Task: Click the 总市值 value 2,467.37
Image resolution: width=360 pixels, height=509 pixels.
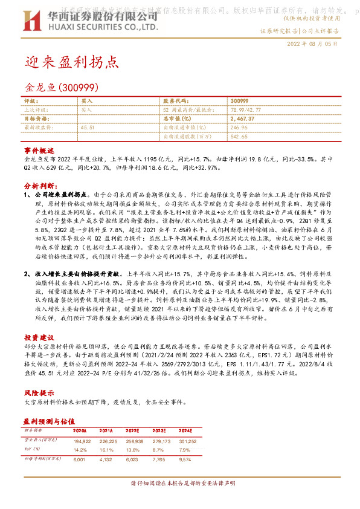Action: [243, 119]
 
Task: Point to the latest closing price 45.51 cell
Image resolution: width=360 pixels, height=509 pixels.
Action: [88, 128]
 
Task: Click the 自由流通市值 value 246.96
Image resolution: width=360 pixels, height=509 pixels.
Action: [239, 128]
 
